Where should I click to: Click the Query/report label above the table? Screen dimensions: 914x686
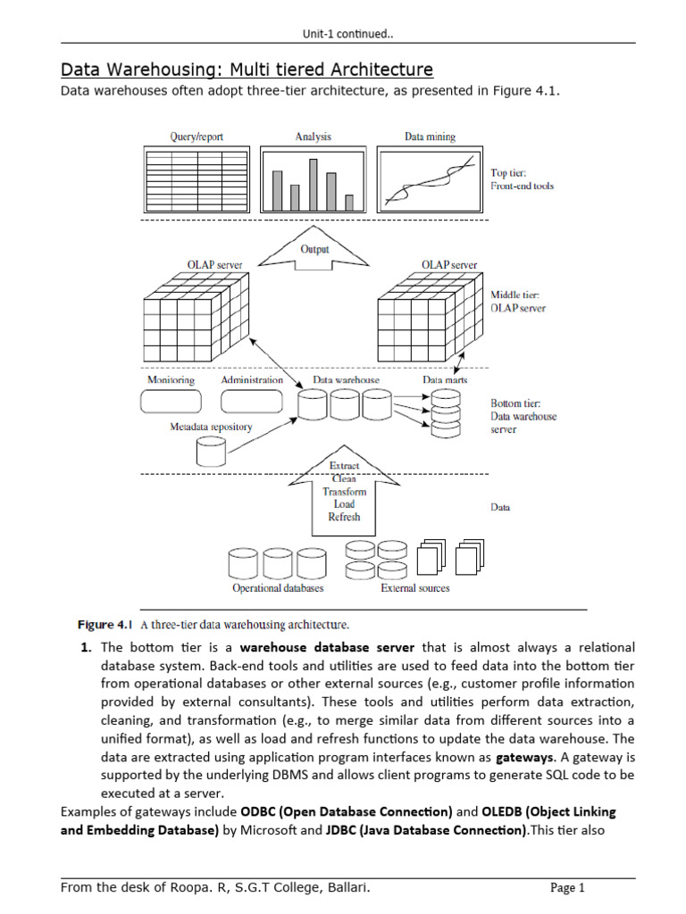197,137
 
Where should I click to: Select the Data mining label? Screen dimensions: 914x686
430,137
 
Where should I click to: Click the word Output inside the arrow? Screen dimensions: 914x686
314,249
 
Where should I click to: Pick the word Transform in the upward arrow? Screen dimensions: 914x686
344,491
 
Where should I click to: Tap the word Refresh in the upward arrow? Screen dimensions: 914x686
344,516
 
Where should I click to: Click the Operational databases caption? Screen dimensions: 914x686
278,588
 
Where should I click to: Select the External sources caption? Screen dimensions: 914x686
414,588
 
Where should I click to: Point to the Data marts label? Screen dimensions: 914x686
444,380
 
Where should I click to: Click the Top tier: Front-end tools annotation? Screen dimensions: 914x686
523,179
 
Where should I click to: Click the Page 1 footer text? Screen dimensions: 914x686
567,887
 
